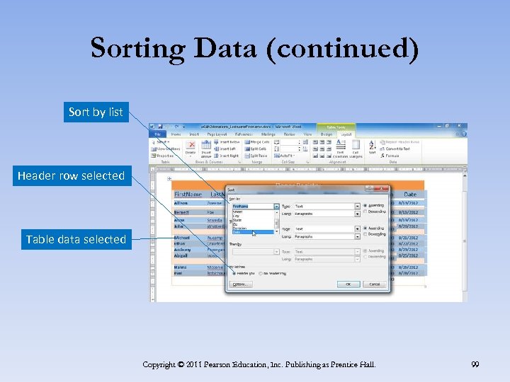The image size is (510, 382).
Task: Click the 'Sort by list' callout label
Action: coord(96,112)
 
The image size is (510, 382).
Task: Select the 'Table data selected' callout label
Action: coord(76,239)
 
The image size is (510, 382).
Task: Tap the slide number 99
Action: coord(475,364)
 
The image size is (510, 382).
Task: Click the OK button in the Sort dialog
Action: coord(348,284)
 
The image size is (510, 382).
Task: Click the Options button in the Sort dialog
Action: coord(240,284)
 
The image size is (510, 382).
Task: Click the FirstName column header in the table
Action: coord(188,194)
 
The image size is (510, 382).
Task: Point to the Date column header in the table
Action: coord(409,194)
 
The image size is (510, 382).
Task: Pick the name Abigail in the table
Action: coord(182,255)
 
